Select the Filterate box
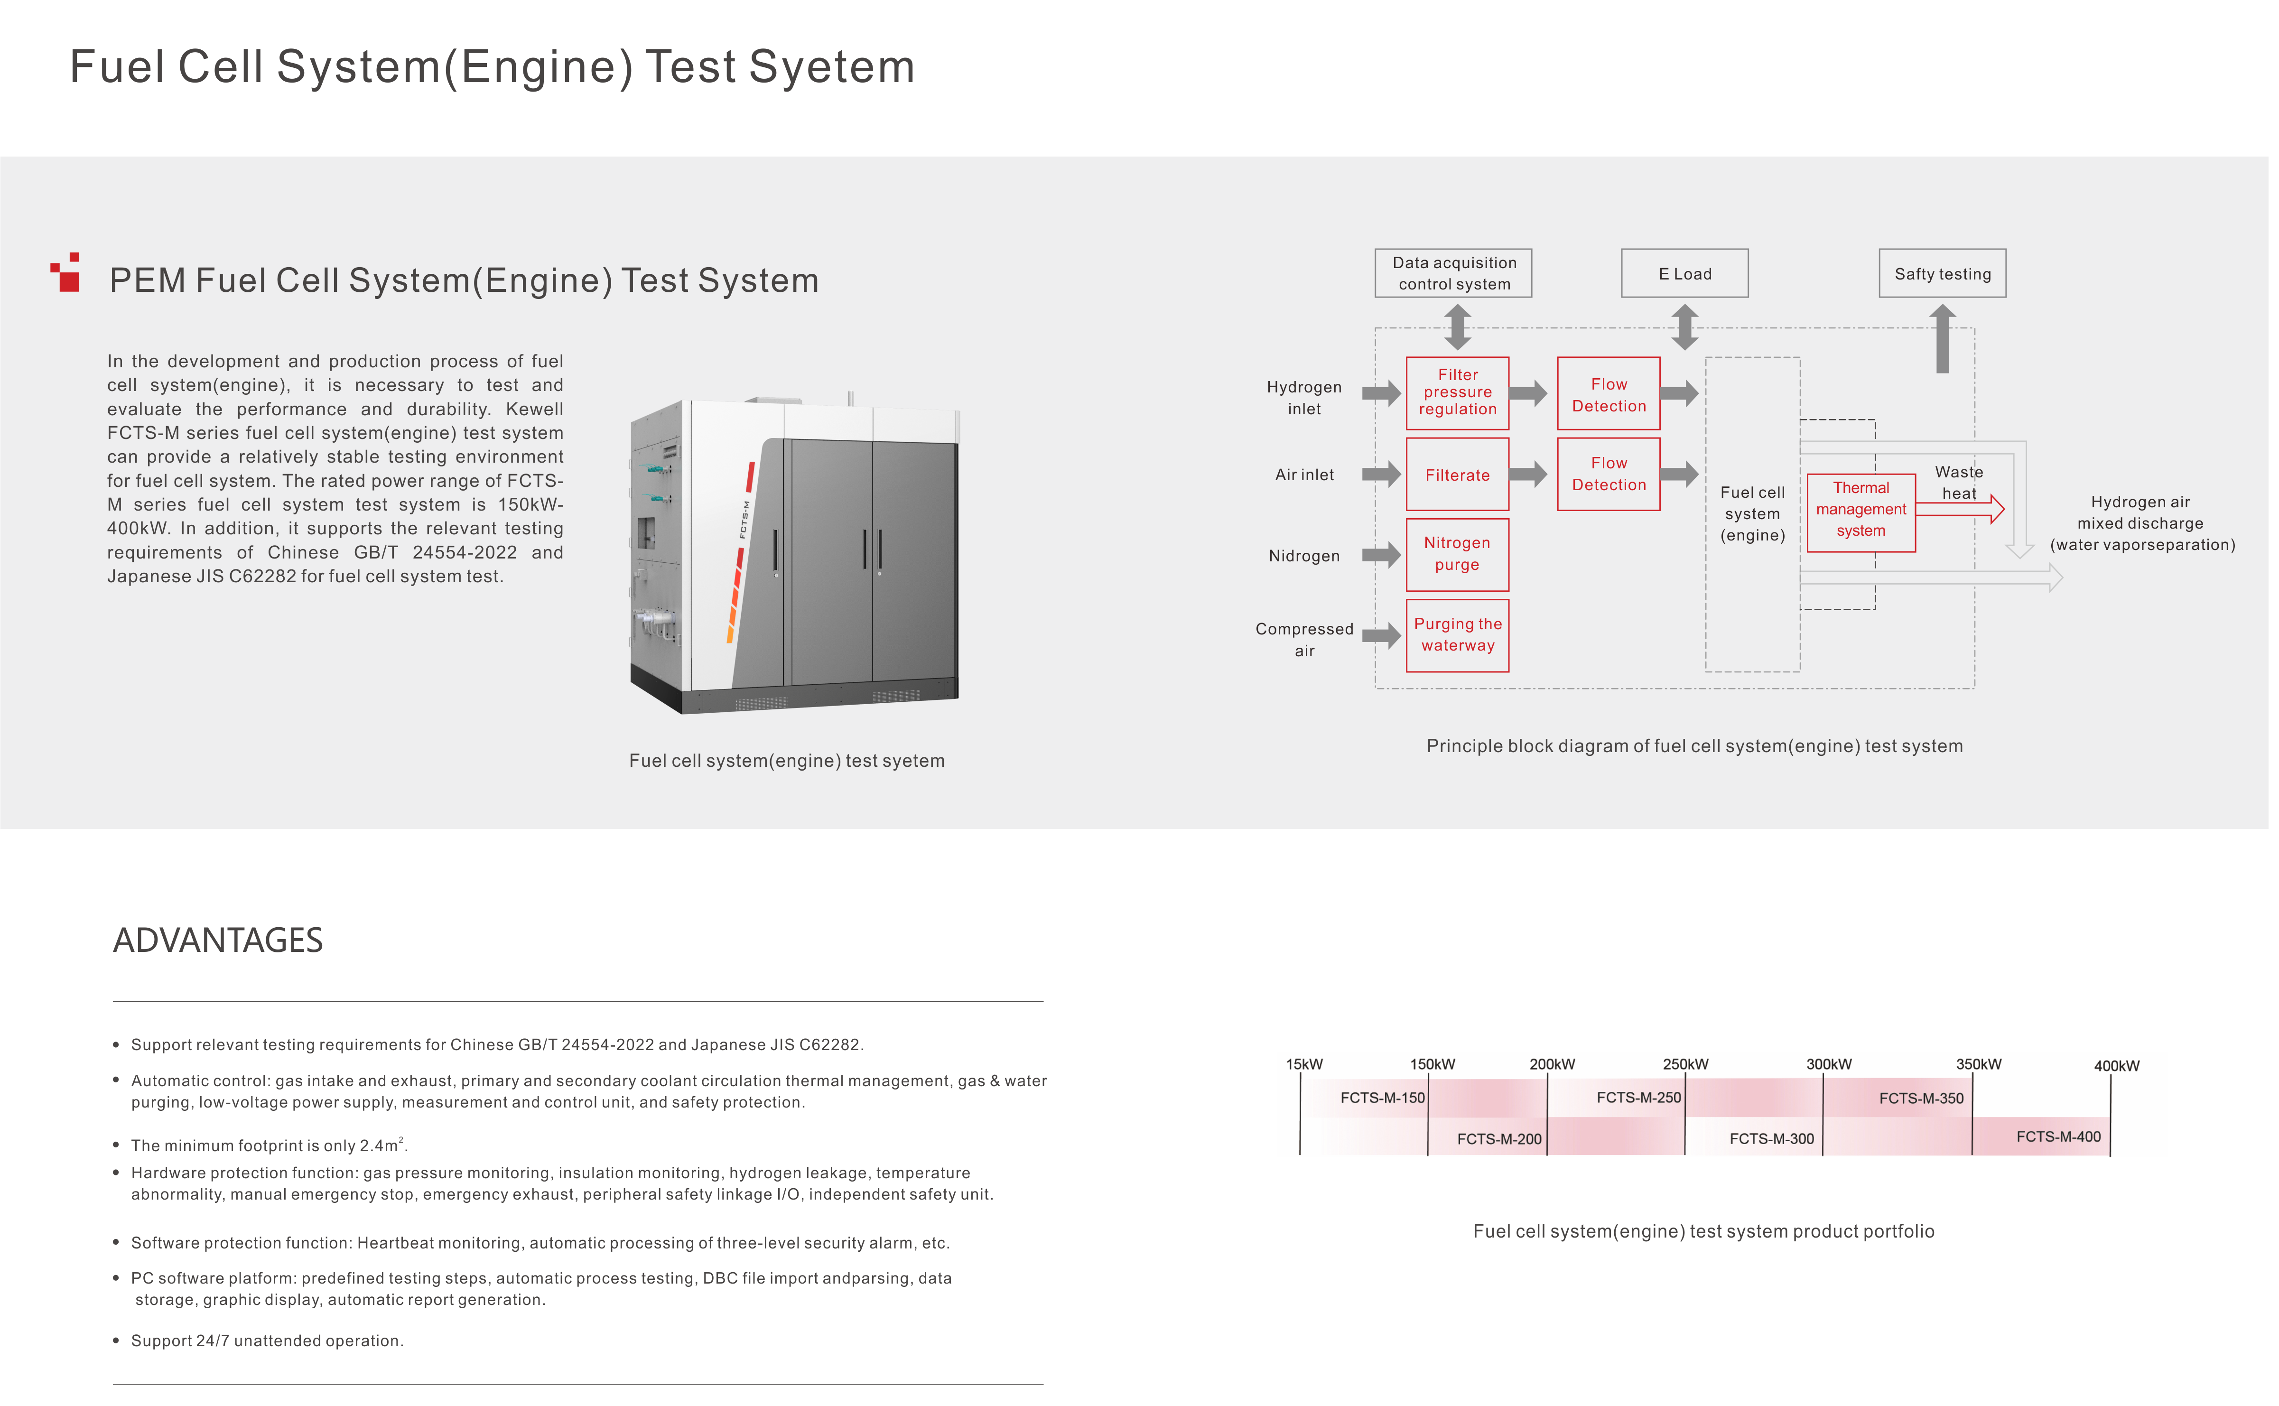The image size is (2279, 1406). click(x=1464, y=476)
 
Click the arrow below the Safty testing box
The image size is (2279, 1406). click(x=1951, y=340)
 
